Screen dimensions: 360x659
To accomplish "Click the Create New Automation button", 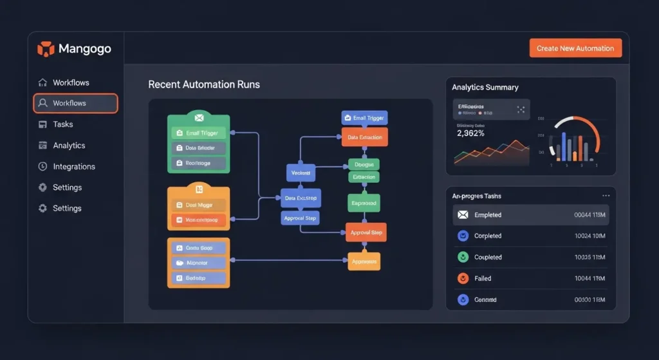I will tap(575, 48).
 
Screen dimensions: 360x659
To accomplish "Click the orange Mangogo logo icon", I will tap(46, 49).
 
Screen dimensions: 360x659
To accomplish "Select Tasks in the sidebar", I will tap(62, 124).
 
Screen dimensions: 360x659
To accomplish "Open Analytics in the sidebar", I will tap(69, 146).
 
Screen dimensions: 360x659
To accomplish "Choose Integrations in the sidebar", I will tap(73, 166).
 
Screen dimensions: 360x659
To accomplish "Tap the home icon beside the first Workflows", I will tap(43, 82).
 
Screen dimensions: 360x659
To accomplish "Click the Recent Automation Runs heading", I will tap(204, 84).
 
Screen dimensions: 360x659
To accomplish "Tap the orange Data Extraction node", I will tap(364, 137).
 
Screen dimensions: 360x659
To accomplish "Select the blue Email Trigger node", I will tap(364, 118).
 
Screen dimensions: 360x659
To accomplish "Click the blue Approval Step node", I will tap(301, 218).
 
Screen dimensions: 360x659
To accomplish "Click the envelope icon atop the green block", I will tap(199, 118).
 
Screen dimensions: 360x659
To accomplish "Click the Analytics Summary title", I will tap(485, 87).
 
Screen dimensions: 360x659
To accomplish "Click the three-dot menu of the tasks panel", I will tap(606, 195).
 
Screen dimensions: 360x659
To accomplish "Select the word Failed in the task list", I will tap(483, 278).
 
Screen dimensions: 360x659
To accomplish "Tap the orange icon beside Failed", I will tap(462, 278).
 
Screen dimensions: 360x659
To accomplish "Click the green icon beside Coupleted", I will tap(462, 257).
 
